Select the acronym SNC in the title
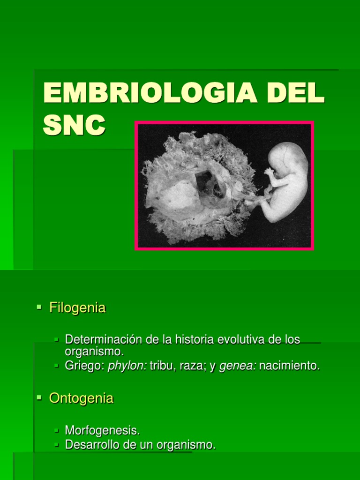(74, 124)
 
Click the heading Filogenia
(77, 308)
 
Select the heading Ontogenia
(81, 398)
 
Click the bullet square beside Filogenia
(39, 307)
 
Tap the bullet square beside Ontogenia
(39, 397)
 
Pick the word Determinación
(104, 339)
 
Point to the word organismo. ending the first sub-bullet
(94, 351)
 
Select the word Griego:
(84, 366)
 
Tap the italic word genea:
(237, 366)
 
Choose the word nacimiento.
(289, 366)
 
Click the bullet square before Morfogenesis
(57, 430)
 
